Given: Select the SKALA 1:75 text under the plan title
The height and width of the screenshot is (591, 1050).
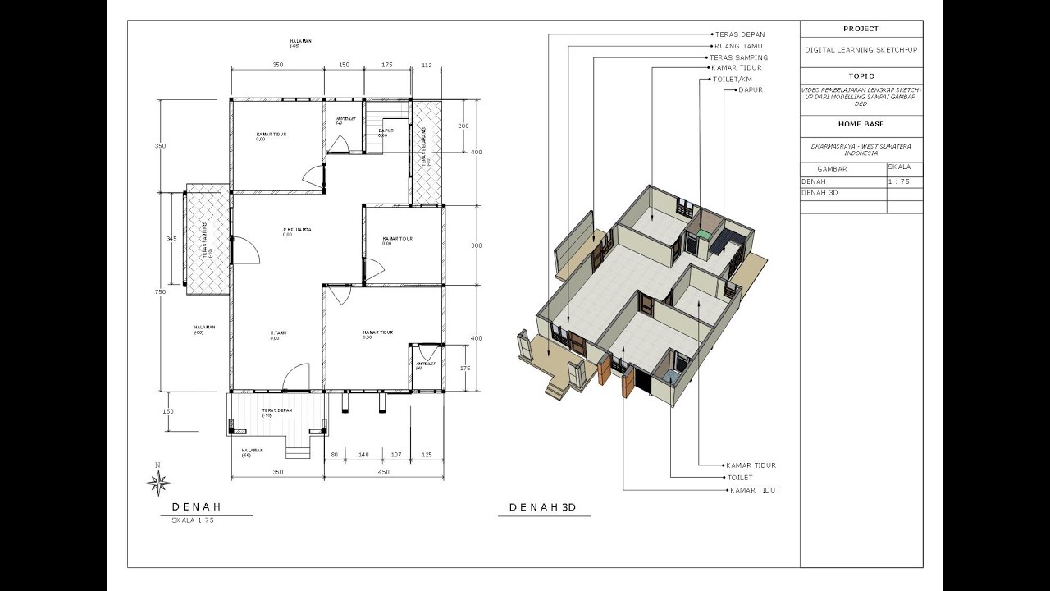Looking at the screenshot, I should coord(192,520).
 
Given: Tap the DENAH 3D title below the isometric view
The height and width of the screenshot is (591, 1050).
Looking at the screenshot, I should coord(542,507).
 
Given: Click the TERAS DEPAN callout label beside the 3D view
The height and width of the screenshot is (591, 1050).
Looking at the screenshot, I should coord(740,34).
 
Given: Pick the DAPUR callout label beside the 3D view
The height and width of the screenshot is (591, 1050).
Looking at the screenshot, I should coord(751,89).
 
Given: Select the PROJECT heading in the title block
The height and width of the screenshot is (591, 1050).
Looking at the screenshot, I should coord(861,29).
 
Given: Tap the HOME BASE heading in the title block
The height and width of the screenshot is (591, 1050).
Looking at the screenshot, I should coord(861,124).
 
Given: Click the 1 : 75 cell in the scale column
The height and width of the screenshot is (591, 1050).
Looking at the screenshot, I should coord(898,181).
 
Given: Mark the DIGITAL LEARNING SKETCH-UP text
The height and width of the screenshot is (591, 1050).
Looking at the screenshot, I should coord(861,50).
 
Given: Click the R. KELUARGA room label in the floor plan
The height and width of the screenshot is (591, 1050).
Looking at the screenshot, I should coord(297,230).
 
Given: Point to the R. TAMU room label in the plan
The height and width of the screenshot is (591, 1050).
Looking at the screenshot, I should coord(278,332).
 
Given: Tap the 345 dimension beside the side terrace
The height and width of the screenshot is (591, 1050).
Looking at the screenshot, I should coord(171,238).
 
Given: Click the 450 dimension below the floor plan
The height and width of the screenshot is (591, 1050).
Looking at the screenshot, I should coord(383,472).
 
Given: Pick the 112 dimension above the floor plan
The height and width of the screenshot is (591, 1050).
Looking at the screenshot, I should coord(427,64).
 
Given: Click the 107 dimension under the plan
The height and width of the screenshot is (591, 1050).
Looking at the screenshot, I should coord(396,454).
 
